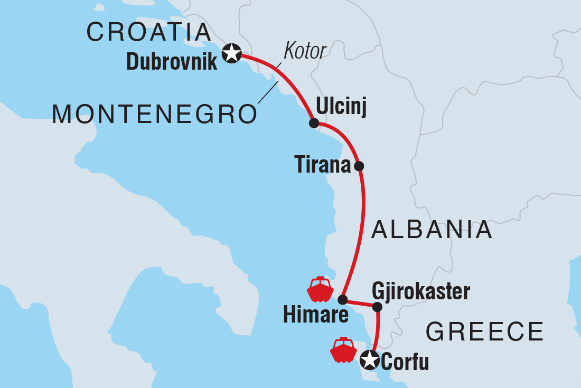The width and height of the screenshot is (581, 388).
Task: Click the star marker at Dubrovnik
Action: pyautogui.click(x=231, y=53)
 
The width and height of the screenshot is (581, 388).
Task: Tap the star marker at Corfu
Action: pyautogui.click(x=369, y=361)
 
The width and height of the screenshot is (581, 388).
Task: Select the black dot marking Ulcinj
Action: pyautogui.click(x=314, y=124)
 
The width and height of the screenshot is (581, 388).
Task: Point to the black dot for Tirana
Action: pyautogui.click(x=359, y=166)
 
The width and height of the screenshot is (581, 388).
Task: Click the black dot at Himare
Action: pyautogui.click(x=342, y=300)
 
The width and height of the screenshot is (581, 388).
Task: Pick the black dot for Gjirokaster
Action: pyautogui.click(x=377, y=307)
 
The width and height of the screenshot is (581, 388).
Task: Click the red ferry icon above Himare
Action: pyautogui.click(x=320, y=289)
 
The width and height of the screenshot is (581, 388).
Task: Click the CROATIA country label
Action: pyautogui.click(x=149, y=32)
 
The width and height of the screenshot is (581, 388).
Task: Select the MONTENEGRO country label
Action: pyautogui.click(x=154, y=114)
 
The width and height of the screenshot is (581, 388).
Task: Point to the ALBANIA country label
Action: pyautogui.click(x=432, y=231)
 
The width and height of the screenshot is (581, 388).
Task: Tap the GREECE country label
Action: pyautogui.click(x=484, y=332)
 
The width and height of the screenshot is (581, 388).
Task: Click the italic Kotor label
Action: pyautogui.click(x=305, y=51)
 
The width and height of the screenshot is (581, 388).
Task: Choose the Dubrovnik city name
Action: pyautogui.click(x=172, y=62)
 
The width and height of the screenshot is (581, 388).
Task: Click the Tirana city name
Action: pyautogui.click(x=322, y=166)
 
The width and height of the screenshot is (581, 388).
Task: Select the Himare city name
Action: pyautogui.click(x=315, y=315)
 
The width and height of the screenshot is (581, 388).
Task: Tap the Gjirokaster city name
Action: pyautogui.click(x=420, y=290)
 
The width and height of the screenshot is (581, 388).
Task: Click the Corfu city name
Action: pyautogui.click(x=405, y=363)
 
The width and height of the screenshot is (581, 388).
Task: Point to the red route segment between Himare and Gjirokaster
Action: pyautogui.click(x=360, y=303)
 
